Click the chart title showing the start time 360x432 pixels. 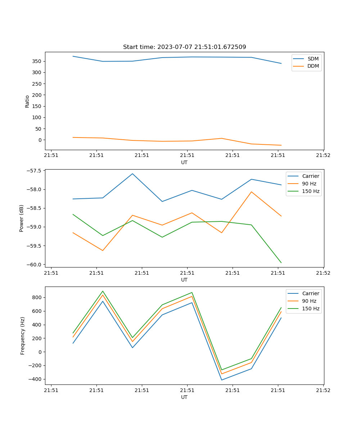[184, 47]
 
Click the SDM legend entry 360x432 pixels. [313, 59]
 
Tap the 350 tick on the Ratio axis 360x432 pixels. [37, 61]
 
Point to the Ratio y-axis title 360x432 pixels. [27, 101]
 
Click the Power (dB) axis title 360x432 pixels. [22, 218]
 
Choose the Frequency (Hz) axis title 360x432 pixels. [22, 336]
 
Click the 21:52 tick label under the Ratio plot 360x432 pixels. [323, 156]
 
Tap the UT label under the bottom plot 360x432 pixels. [184, 397]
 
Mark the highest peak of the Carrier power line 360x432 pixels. [132, 174]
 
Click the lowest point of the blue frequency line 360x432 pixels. [221, 380]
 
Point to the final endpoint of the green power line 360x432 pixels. [281, 263]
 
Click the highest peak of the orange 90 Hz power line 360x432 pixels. [251, 192]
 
